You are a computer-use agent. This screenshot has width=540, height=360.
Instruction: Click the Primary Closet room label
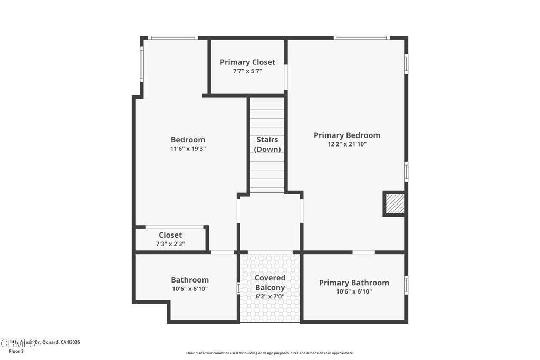247,62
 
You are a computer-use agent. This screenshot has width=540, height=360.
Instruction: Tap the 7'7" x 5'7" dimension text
247,71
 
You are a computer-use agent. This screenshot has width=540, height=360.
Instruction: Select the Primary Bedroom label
346,135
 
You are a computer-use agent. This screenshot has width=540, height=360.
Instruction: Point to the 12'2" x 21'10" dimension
346,144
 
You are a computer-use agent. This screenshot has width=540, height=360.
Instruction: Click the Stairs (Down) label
267,144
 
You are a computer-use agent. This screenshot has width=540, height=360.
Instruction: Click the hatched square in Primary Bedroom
395,204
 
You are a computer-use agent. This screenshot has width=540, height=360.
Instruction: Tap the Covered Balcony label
270,283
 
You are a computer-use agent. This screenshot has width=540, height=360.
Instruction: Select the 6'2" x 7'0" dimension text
270,296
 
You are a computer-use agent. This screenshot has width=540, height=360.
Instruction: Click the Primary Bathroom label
354,283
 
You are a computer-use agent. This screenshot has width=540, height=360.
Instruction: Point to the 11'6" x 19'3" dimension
188,149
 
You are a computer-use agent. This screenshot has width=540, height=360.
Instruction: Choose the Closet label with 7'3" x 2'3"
170,235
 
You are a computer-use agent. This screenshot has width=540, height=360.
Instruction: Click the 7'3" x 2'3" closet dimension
170,244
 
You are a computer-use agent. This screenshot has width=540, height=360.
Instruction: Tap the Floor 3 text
16,351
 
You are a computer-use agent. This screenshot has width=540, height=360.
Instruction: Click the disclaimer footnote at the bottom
269,353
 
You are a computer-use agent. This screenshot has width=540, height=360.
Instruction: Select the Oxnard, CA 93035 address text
58,342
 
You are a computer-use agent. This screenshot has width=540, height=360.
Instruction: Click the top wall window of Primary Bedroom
362,38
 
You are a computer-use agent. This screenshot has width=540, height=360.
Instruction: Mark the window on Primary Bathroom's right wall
406,285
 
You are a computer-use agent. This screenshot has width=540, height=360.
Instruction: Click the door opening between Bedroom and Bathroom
223,252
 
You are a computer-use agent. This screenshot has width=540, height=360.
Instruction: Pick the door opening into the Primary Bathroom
363,252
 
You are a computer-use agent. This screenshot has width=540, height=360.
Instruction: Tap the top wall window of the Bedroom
172,38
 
